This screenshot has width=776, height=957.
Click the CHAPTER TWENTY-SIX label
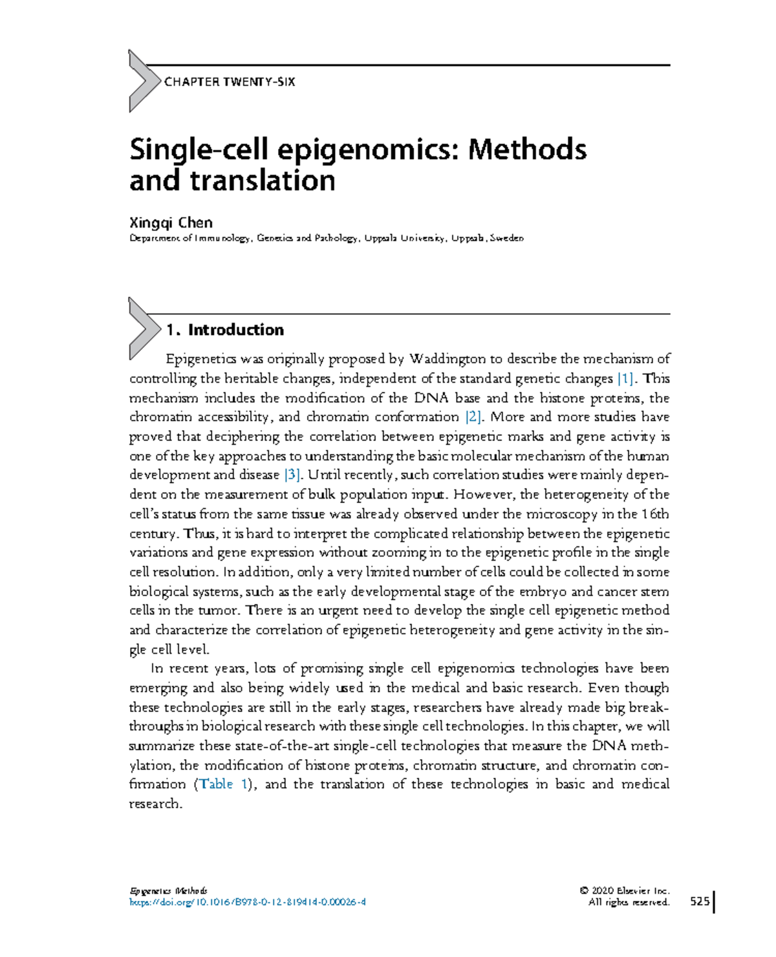click(230, 82)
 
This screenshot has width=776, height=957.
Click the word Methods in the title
click(527, 149)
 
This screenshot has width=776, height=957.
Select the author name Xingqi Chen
click(171, 223)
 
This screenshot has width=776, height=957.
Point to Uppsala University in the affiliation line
click(405, 238)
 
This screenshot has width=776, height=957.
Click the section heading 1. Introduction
click(224, 330)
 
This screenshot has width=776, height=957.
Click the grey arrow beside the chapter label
click(142, 81)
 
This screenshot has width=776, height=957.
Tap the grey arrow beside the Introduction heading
click(142, 328)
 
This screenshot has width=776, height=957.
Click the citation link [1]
click(625, 378)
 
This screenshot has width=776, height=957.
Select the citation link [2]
click(473, 417)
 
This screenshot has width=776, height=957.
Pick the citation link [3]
click(293, 475)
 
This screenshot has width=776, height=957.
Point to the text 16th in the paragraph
click(655, 514)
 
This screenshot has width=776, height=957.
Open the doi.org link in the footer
click(248, 902)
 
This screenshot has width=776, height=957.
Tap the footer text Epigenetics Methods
click(168, 890)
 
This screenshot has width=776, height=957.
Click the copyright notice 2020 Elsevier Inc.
click(625, 890)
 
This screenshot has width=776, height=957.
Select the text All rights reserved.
click(629, 902)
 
